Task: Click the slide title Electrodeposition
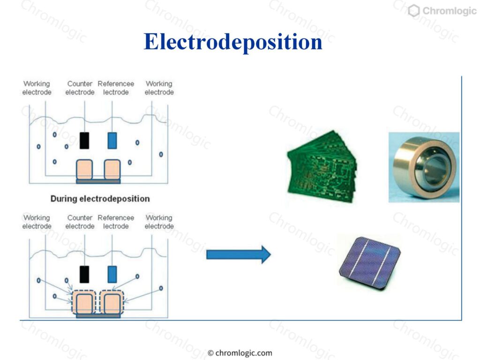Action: [x=233, y=42]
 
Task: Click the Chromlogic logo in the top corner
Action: [x=442, y=11]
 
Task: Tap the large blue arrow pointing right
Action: [x=239, y=255]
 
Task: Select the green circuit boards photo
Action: [x=322, y=166]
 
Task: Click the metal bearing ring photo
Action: [x=424, y=167]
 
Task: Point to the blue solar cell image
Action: [x=370, y=263]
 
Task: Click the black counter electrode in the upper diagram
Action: [x=84, y=141]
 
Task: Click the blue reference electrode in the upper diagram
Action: [x=112, y=141]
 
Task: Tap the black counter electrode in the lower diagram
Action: [x=84, y=274]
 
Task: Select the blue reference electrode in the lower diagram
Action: [x=112, y=274]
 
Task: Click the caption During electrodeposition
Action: [x=100, y=199]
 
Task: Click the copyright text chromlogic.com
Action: [x=240, y=353]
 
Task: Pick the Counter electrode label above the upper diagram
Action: [x=80, y=88]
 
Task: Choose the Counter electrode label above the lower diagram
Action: [x=80, y=222]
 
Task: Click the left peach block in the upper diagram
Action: [x=84, y=170]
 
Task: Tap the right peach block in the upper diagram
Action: [x=112, y=170]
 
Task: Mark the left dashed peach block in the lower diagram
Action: [x=83, y=302]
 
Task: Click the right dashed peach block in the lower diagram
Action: [x=112, y=302]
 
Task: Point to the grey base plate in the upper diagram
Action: [x=98, y=181]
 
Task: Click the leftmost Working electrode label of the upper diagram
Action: [x=37, y=88]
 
